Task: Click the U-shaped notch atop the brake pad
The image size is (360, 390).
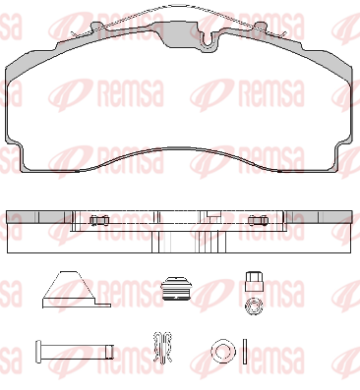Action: (x=209, y=41)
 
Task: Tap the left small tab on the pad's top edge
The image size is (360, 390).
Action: (x=96, y=27)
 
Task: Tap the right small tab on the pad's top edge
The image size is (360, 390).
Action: (x=262, y=27)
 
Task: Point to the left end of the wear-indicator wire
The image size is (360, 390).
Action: (x=72, y=33)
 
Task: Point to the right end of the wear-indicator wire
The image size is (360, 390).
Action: (x=284, y=33)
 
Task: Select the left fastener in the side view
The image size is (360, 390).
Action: (x=99, y=220)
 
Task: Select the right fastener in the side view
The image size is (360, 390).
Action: (x=258, y=220)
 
